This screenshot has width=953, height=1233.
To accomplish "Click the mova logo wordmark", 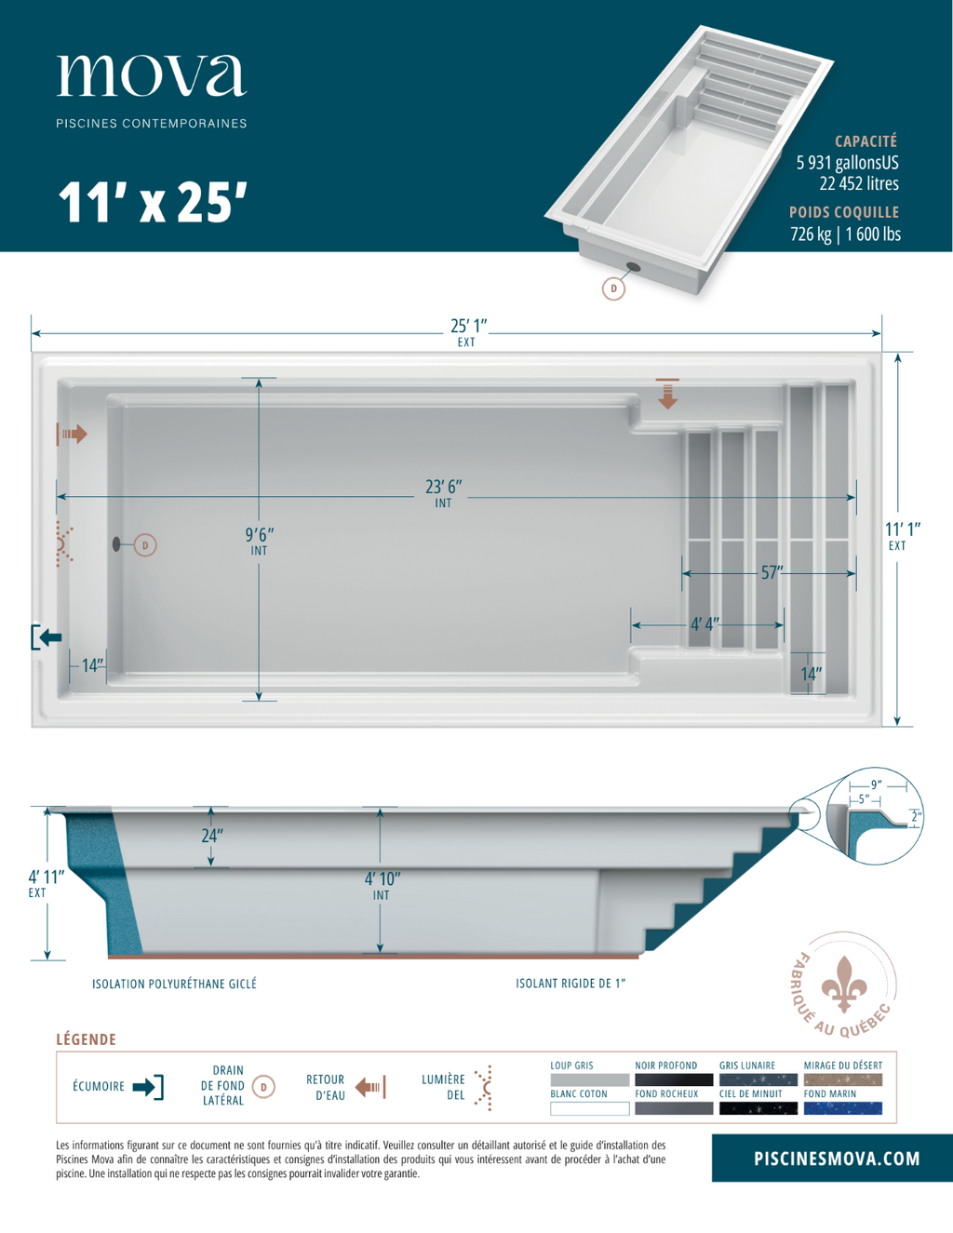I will [152, 75].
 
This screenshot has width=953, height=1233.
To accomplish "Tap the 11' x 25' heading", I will [153, 203].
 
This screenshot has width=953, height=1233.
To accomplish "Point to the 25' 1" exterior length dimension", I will [468, 327].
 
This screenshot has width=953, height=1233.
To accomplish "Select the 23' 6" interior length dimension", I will [443, 488].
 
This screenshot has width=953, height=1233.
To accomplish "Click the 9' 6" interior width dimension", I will [259, 535].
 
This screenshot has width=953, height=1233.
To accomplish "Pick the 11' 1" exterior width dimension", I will [900, 529].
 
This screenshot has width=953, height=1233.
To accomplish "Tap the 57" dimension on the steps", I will [771, 572].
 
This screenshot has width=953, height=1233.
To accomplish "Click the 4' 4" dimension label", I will [704, 624].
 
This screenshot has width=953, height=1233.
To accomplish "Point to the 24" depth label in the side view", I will [212, 836].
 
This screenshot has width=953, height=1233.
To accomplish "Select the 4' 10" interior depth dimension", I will [382, 879].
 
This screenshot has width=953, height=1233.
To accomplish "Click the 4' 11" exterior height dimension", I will [45, 877].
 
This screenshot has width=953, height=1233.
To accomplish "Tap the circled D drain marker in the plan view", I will [145, 545].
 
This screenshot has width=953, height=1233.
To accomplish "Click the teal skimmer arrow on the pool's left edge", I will [47, 637].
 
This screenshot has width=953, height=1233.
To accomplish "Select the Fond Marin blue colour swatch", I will [842, 1108].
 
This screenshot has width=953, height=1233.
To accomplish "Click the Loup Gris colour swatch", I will [589, 1080].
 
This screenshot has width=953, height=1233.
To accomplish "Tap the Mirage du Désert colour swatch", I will [842, 1080].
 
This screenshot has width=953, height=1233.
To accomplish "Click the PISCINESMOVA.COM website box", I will [836, 1159].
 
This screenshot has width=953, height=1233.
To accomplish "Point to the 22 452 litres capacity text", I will [858, 184].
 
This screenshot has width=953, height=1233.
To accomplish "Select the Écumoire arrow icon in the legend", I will [148, 1087].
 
